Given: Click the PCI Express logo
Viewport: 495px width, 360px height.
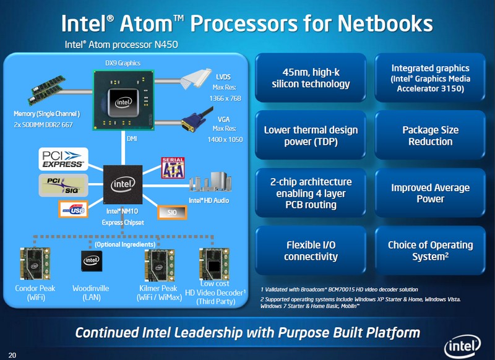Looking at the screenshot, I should click(x=63, y=159).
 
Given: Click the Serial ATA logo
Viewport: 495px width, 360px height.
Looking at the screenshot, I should click(x=173, y=168).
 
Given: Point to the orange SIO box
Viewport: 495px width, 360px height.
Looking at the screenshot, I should click(x=172, y=212).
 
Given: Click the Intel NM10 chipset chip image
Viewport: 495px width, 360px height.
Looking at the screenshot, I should click(x=123, y=184).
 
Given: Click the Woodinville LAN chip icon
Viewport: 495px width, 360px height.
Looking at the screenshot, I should click(x=90, y=261).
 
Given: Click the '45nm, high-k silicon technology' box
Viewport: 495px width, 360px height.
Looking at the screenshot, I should click(x=311, y=78).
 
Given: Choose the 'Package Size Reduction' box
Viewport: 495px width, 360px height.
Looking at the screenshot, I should click(x=430, y=135).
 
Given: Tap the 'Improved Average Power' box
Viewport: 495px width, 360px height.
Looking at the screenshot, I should click(x=430, y=193).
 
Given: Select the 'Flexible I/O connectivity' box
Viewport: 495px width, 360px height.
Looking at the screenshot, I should click(x=311, y=251).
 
